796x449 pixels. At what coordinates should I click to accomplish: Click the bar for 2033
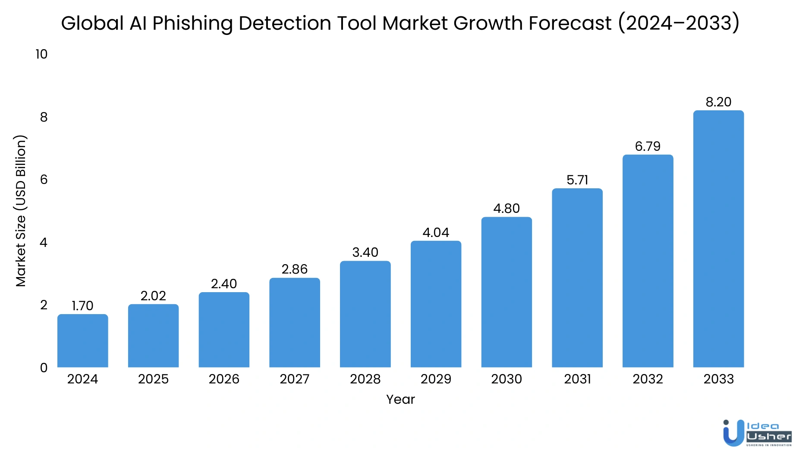[718, 239]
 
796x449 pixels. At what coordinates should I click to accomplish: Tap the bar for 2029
[436, 304]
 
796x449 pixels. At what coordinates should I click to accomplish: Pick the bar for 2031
[577, 278]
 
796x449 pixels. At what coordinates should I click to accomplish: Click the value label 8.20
[718, 102]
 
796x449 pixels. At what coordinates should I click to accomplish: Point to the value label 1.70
[82, 306]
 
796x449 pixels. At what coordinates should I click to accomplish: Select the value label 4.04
[436, 233]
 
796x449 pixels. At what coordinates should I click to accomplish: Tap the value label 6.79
[648, 147]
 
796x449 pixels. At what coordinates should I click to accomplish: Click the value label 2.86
[295, 269]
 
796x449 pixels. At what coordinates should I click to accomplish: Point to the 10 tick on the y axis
[41, 54]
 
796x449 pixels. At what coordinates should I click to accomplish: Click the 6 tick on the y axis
[44, 180]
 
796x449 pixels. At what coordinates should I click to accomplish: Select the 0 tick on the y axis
[44, 368]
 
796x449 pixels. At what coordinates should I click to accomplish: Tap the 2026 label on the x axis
[224, 379]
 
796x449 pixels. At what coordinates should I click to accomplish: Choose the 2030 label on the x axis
[507, 379]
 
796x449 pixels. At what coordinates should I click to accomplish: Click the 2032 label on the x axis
[648, 379]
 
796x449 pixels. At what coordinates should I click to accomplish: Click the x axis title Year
[400, 399]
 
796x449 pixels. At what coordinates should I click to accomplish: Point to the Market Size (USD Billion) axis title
[21, 211]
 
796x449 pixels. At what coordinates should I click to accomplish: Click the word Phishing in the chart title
[192, 23]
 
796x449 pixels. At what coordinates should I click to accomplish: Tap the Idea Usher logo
[757, 433]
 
